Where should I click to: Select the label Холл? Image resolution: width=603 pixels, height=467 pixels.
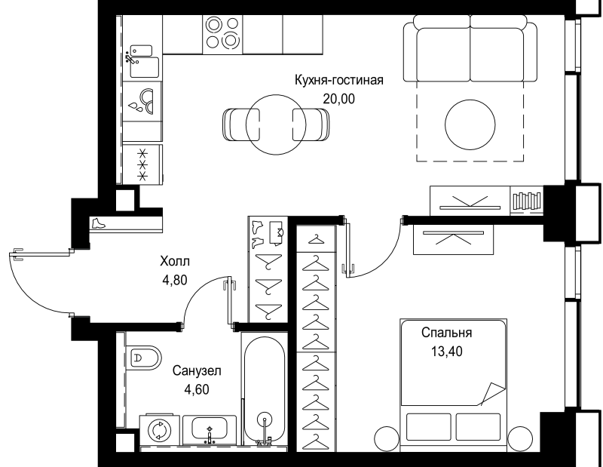(x=175, y=262)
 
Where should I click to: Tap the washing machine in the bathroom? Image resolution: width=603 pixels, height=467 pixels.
(x=160, y=429)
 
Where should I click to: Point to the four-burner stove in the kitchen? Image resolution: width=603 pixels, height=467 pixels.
(x=222, y=32)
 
